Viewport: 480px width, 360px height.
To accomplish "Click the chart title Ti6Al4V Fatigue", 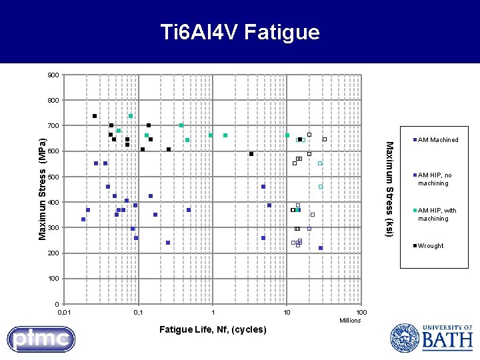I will pyautogui.click(x=240, y=32).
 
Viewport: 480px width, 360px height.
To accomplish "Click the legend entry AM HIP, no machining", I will pyautogui.click(x=434, y=179).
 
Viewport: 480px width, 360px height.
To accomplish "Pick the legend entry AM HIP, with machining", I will pyautogui.click(x=437, y=215).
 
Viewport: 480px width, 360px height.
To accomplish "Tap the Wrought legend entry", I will pyautogui.click(x=430, y=246).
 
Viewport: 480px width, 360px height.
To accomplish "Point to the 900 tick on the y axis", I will pyautogui.click(x=53, y=75).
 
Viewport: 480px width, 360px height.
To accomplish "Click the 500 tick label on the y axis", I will pyautogui.click(x=53, y=177).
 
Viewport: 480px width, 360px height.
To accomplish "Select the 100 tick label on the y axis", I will pyautogui.click(x=53, y=279).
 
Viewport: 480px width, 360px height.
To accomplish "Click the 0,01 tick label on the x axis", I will pyautogui.click(x=63, y=313).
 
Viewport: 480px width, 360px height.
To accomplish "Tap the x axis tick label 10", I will pyautogui.click(x=287, y=313).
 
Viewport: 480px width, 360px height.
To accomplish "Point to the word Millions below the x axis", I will pyautogui.click(x=349, y=321).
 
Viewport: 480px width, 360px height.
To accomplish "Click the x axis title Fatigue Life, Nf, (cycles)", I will pyautogui.click(x=213, y=329).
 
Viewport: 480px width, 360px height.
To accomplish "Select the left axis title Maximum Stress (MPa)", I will pyautogui.click(x=42, y=189).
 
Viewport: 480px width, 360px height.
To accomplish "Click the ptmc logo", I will pyautogui.click(x=41, y=339).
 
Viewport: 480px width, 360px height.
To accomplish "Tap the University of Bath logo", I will pyautogui.click(x=431, y=337).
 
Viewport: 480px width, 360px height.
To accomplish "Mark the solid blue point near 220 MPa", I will pyautogui.click(x=321, y=248).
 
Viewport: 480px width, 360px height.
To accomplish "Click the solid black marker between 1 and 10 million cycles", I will pyautogui.click(x=251, y=154).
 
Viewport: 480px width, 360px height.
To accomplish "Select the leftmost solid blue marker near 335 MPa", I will pyautogui.click(x=83, y=219).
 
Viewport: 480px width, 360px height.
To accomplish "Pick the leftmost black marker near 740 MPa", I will pyautogui.click(x=95, y=116).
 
